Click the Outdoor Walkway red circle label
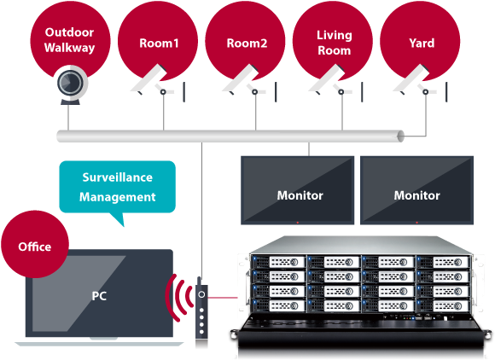pos(70,40)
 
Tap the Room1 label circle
pos(159,42)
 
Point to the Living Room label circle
pos(334,42)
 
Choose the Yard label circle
pos(422,42)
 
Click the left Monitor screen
pos(300,191)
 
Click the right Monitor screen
pos(416,191)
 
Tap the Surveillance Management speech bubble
pos(118,187)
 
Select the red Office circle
pos(35,247)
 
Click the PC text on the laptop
pos(100,296)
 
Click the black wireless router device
pos(201,307)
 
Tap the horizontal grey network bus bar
pos(230,136)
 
